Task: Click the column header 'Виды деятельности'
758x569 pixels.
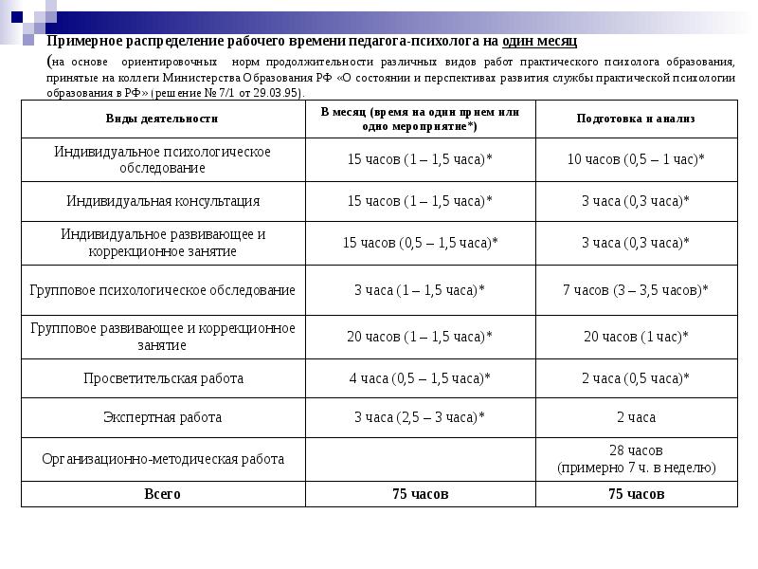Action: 162,119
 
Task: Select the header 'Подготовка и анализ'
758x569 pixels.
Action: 636,119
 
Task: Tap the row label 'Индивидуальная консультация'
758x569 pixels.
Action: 163,201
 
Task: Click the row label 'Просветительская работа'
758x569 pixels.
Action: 163,377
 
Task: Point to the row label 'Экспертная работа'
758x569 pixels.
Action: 163,417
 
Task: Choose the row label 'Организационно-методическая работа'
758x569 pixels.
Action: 163,459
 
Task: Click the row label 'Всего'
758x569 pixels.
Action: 163,494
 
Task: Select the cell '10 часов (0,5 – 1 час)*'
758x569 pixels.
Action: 636,159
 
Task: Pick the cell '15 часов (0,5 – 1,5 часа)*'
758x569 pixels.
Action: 420,243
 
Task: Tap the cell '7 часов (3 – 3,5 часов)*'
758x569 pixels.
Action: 636,289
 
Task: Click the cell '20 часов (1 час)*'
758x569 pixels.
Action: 636,337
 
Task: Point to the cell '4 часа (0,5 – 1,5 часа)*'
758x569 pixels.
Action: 420,377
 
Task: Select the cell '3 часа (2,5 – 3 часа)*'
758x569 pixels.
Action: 420,417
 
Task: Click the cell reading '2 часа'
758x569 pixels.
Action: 636,417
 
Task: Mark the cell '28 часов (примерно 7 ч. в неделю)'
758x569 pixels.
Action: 636,459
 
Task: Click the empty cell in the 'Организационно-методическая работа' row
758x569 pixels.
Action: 420,459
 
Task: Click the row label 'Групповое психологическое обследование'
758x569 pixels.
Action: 163,289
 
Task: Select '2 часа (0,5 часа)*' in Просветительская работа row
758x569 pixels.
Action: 636,377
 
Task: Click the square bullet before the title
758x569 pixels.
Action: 36,42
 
